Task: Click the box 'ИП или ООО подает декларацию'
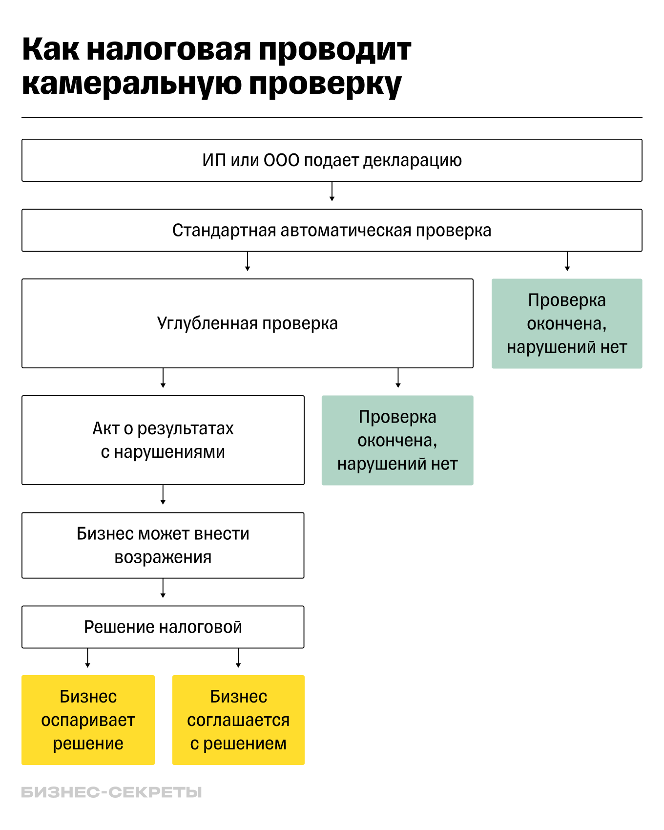[332, 160]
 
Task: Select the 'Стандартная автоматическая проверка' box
[332, 230]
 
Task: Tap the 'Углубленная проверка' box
[247, 323]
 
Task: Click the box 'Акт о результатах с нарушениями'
[163, 440]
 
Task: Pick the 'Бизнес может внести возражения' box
[163, 545]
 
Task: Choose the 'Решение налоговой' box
[163, 627]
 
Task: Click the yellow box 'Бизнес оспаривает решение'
[88, 720]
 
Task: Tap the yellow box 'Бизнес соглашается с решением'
[238, 720]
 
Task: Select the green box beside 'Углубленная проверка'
[566, 323]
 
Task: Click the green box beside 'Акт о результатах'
[397, 440]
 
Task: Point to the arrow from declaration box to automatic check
[332, 192]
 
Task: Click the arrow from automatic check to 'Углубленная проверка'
[248, 261]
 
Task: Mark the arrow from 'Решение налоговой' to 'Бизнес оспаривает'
[88, 658]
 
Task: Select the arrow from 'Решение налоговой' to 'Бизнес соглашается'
[238, 658]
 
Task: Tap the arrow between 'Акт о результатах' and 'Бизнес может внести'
[163, 495]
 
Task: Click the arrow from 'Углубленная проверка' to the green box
[398, 378]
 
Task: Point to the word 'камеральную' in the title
[131, 84]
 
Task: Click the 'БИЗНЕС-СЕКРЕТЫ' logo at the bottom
[111, 792]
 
